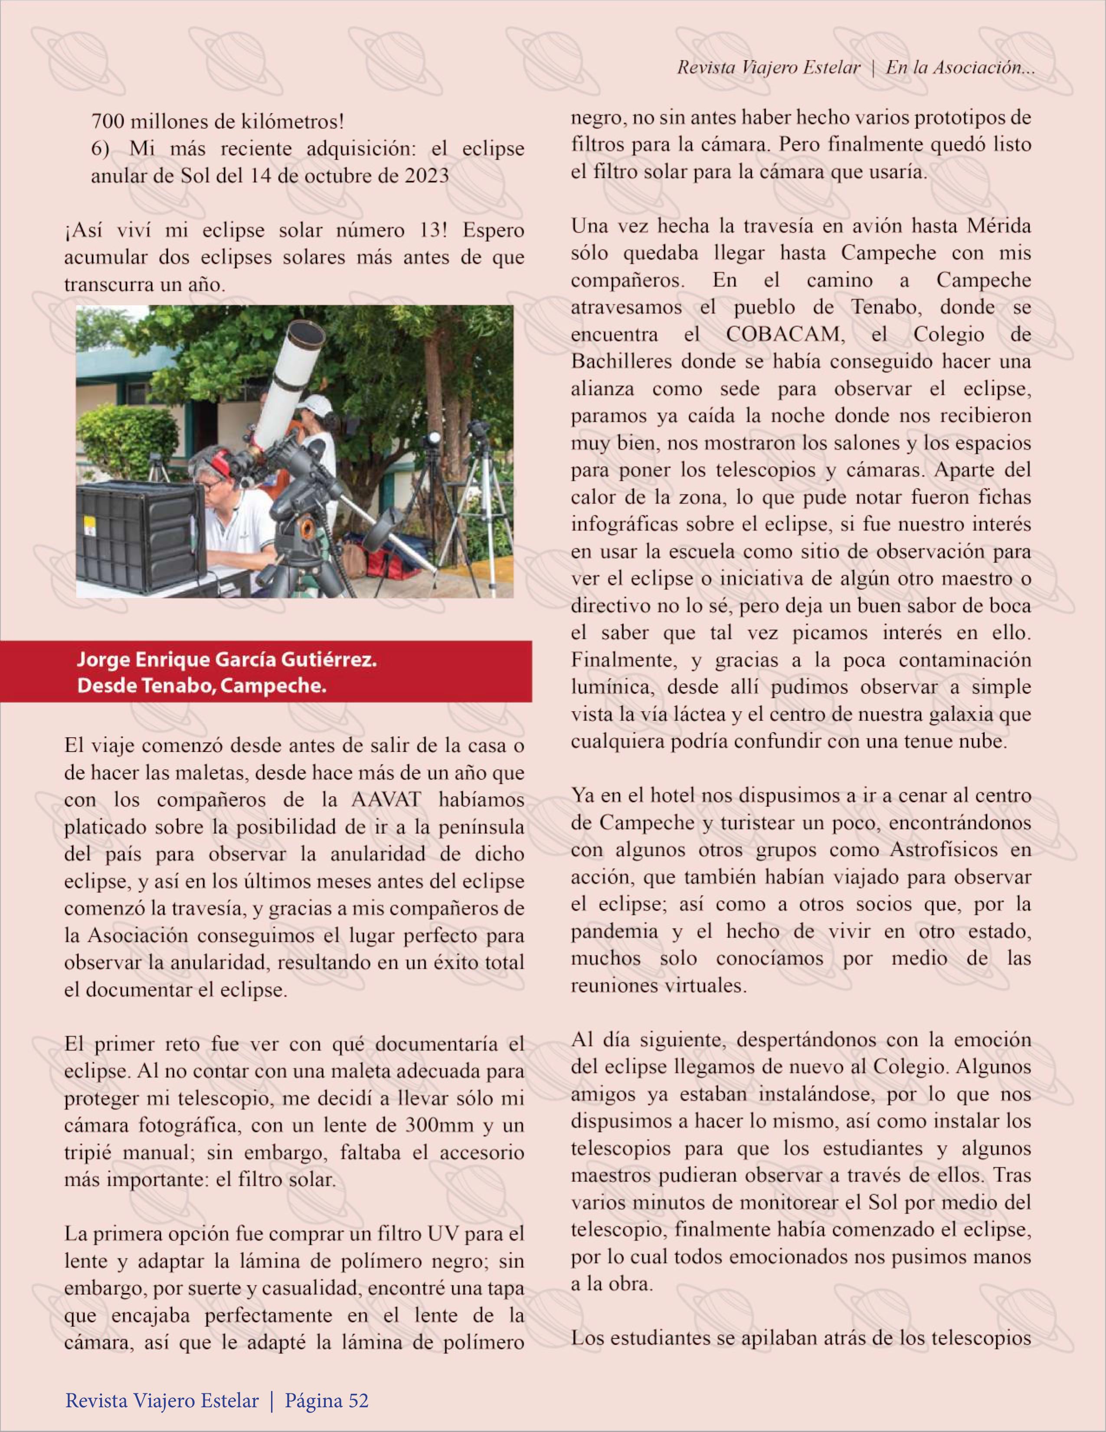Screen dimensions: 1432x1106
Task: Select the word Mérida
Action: click(998, 226)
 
